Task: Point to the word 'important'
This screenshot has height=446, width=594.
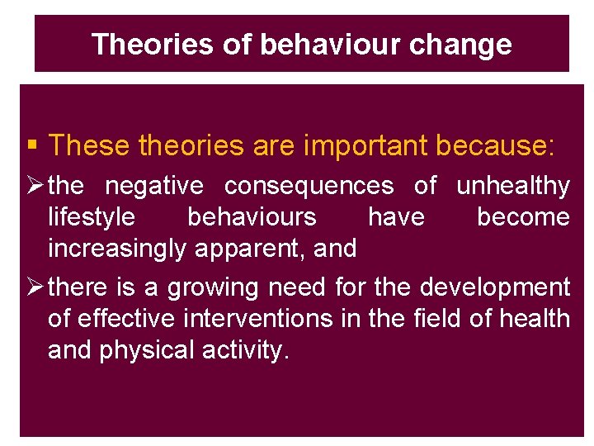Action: [x=365, y=145]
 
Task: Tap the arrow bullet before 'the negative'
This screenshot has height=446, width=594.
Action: [x=35, y=187]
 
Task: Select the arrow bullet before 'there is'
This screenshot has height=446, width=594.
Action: [x=35, y=287]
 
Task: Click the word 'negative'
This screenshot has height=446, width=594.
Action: [x=156, y=187]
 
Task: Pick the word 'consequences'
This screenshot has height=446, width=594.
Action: [x=309, y=187]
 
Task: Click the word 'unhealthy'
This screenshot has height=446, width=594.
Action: [x=512, y=187]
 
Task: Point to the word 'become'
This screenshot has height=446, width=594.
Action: [x=523, y=217]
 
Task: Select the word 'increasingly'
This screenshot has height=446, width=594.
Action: [x=119, y=248]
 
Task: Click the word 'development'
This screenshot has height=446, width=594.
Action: [x=495, y=287]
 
